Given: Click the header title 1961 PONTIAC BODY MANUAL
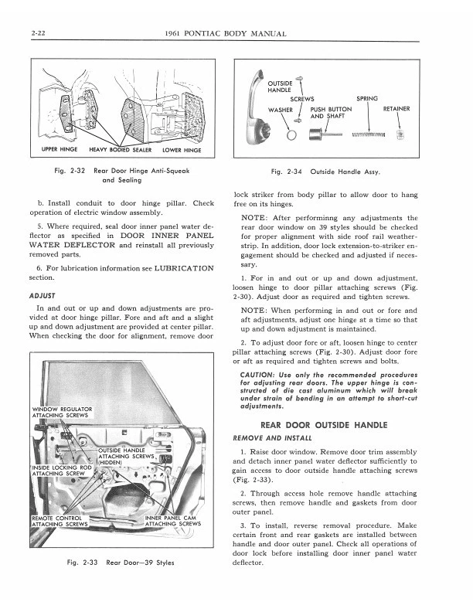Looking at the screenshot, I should [226, 33].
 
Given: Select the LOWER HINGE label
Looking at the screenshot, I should [182, 150].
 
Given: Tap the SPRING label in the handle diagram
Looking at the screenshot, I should [367, 99].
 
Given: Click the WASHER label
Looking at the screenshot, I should [280, 110].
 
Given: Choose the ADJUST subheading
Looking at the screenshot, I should [40, 295].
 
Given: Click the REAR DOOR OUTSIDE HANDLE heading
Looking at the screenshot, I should [324, 425].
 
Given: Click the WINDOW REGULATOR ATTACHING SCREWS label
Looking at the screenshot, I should [62, 412].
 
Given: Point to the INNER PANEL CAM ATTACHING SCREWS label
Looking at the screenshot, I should [173, 521].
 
